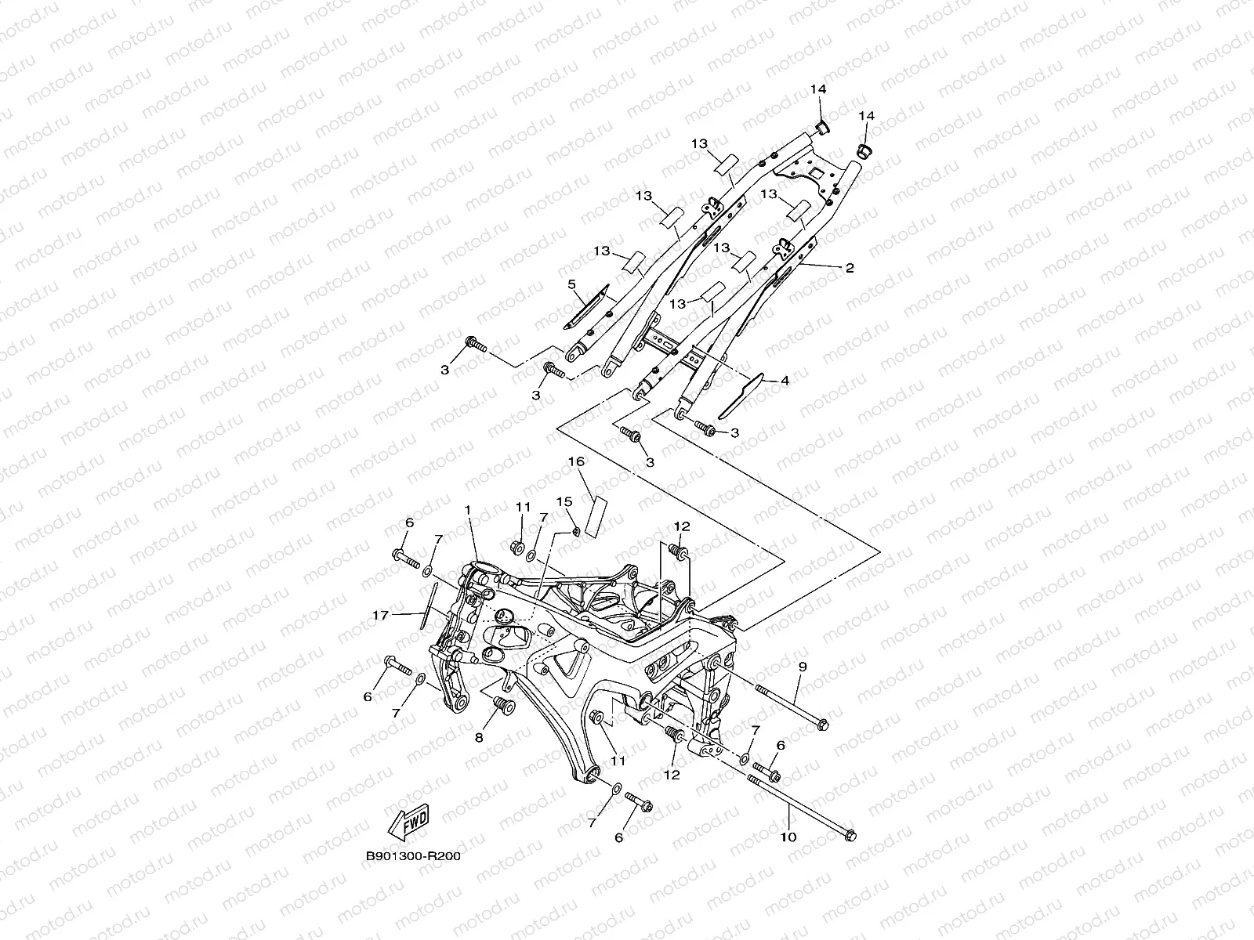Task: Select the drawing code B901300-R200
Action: point(412,856)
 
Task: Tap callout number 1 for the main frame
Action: point(467,509)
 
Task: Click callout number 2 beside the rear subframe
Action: point(850,267)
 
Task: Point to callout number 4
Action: point(785,381)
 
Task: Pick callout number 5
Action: point(571,284)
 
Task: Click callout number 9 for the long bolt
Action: point(802,667)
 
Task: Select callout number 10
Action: point(788,837)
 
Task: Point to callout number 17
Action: point(380,616)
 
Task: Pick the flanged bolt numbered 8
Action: point(500,708)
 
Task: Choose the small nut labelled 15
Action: point(575,532)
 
